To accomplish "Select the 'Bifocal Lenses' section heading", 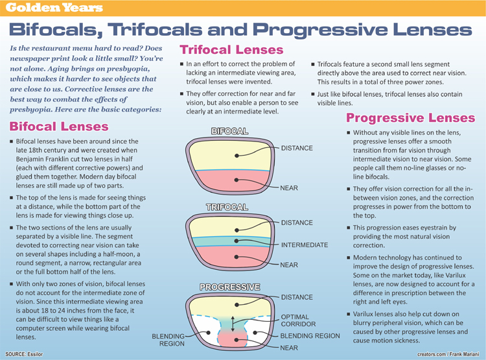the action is pyautogui.click(x=59, y=125).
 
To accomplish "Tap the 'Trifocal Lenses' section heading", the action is pyautogui.click(x=231, y=50).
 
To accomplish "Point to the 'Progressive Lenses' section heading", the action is pyautogui.click(x=410, y=118).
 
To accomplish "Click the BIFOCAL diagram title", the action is pyautogui.click(x=229, y=132).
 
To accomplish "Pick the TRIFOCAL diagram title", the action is pyautogui.click(x=227, y=208).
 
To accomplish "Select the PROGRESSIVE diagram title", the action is pyautogui.click(x=230, y=286).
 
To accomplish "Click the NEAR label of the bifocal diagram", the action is pyautogui.click(x=289, y=187).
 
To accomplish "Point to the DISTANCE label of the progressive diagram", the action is pyautogui.click(x=297, y=297).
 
